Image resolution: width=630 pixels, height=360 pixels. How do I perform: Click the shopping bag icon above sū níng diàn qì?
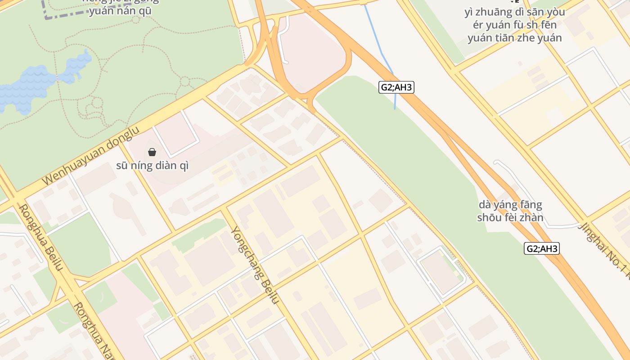click(x=152, y=152)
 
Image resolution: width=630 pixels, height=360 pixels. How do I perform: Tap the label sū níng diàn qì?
click(x=153, y=166)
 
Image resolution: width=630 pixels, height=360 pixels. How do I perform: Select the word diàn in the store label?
click(x=167, y=166)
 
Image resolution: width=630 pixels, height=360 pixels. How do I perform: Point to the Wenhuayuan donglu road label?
click(x=91, y=156)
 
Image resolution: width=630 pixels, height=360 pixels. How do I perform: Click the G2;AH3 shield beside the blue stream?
click(x=396, y=87)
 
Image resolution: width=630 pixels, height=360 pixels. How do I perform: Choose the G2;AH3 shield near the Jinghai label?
click(x=542, y=248)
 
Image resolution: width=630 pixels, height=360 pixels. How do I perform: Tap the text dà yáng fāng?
click(x=510, y=205)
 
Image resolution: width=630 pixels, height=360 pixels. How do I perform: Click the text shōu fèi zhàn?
click(x=510, y=218)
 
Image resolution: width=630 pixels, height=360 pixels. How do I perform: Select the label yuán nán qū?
click(x=120, y=11)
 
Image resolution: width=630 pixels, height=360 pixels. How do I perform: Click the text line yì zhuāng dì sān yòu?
click(x=515, y=12)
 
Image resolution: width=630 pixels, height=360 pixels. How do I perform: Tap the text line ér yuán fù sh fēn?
click(x=515, y=25)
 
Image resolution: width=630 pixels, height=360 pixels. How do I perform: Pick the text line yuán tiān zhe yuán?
click(x=515, y=38)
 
